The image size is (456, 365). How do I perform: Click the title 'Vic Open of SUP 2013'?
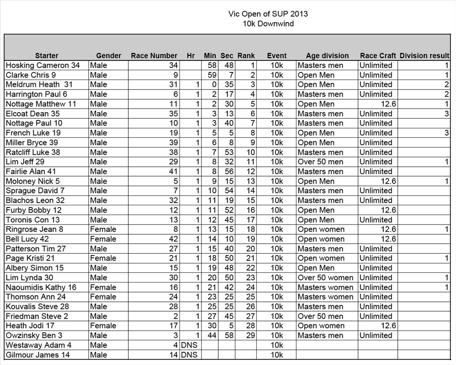click(x=268, y=14)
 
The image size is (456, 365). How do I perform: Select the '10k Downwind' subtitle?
click(x=268, y=23)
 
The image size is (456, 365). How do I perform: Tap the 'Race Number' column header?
click(x=154, y=56)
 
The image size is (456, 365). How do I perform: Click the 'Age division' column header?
click(x=327, y=56)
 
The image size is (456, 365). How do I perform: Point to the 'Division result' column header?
click(x=424, y=56)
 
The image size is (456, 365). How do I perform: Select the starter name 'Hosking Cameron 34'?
click(x=43, y=65)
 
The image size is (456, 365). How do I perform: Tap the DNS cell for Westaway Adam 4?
click(x=189, y=345)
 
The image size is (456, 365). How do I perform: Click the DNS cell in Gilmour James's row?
click(x=189, y=355)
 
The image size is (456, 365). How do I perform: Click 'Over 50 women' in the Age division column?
click(x=325, y=278)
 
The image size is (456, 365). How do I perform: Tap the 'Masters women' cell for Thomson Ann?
click(x=325, y=297)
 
